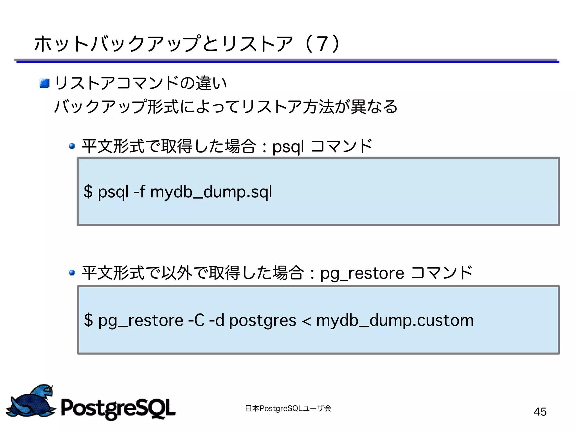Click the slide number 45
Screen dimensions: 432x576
(x=540, y=412)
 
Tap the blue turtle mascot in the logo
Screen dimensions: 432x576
(x=31, y=401)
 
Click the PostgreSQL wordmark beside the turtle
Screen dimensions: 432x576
(x=118, y=408)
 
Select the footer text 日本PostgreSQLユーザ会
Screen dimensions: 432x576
(x=288, y=408)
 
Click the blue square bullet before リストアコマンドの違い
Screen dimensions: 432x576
(x=45, y=83)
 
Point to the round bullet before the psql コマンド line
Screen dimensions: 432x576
(x=72, y=146)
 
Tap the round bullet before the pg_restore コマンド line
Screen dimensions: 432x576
(x=72, y=272)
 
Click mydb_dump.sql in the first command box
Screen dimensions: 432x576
(x=211, y=192)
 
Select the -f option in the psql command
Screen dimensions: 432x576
(x=139, y=191)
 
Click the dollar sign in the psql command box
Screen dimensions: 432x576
(x=88, y=191)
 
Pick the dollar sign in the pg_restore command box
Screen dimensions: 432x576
(x=88, y=320)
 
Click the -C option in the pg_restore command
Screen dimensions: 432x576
(x=196, y=320)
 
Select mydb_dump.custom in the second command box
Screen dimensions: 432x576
(x=395, y=320)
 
